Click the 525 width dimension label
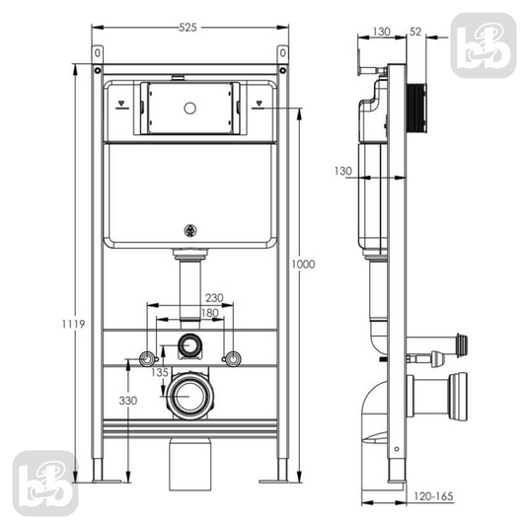click(x=188, y=28)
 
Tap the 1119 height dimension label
click(x=73, y=325)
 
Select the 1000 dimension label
click(x=303, y=264)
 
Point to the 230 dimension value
click(x=214, y=298)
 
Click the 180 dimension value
click(x=210, y=313)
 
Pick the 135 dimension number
click(x=159, y=372)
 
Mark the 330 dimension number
click(x=128, y=401)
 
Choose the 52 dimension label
click(x=416, y=32)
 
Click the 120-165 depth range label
click(x=433, y=496)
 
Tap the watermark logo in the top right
click(x=484, y=45)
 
